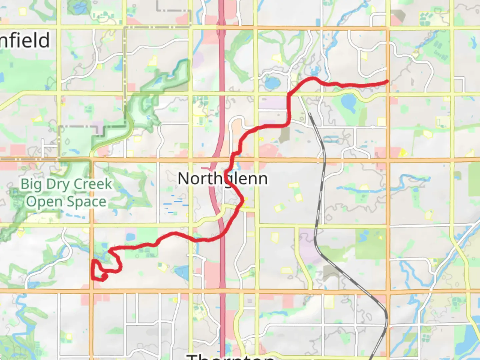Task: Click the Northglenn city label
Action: click(x=223, y=179)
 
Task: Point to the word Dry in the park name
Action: click(x=58, y=184)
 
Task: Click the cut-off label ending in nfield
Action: click(x=25, y=41)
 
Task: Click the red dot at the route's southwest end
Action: click(x=104, y=276)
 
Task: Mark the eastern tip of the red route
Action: click(x=387, y=81)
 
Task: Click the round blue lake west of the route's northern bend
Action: click(x=272, y=83)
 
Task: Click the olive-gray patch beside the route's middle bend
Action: click(x=284, y=135)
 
